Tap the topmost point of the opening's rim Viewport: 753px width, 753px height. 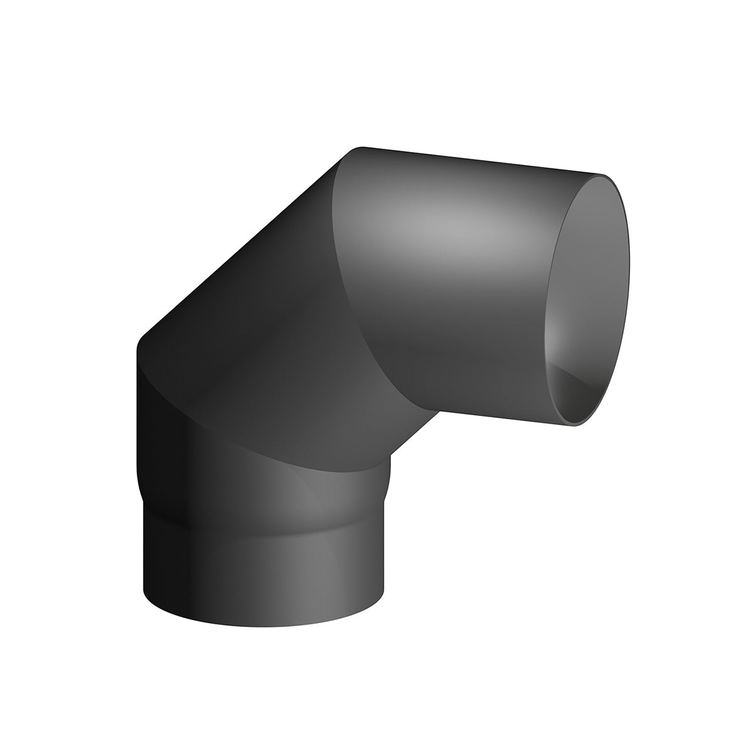(x=604, y=175)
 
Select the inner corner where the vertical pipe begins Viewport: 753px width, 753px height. (x=390, y=456)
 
